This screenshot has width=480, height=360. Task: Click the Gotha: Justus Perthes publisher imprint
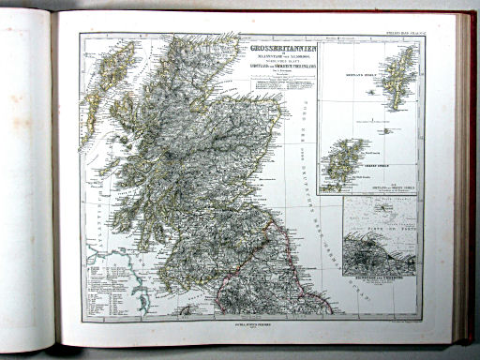[x=247, y=322]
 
